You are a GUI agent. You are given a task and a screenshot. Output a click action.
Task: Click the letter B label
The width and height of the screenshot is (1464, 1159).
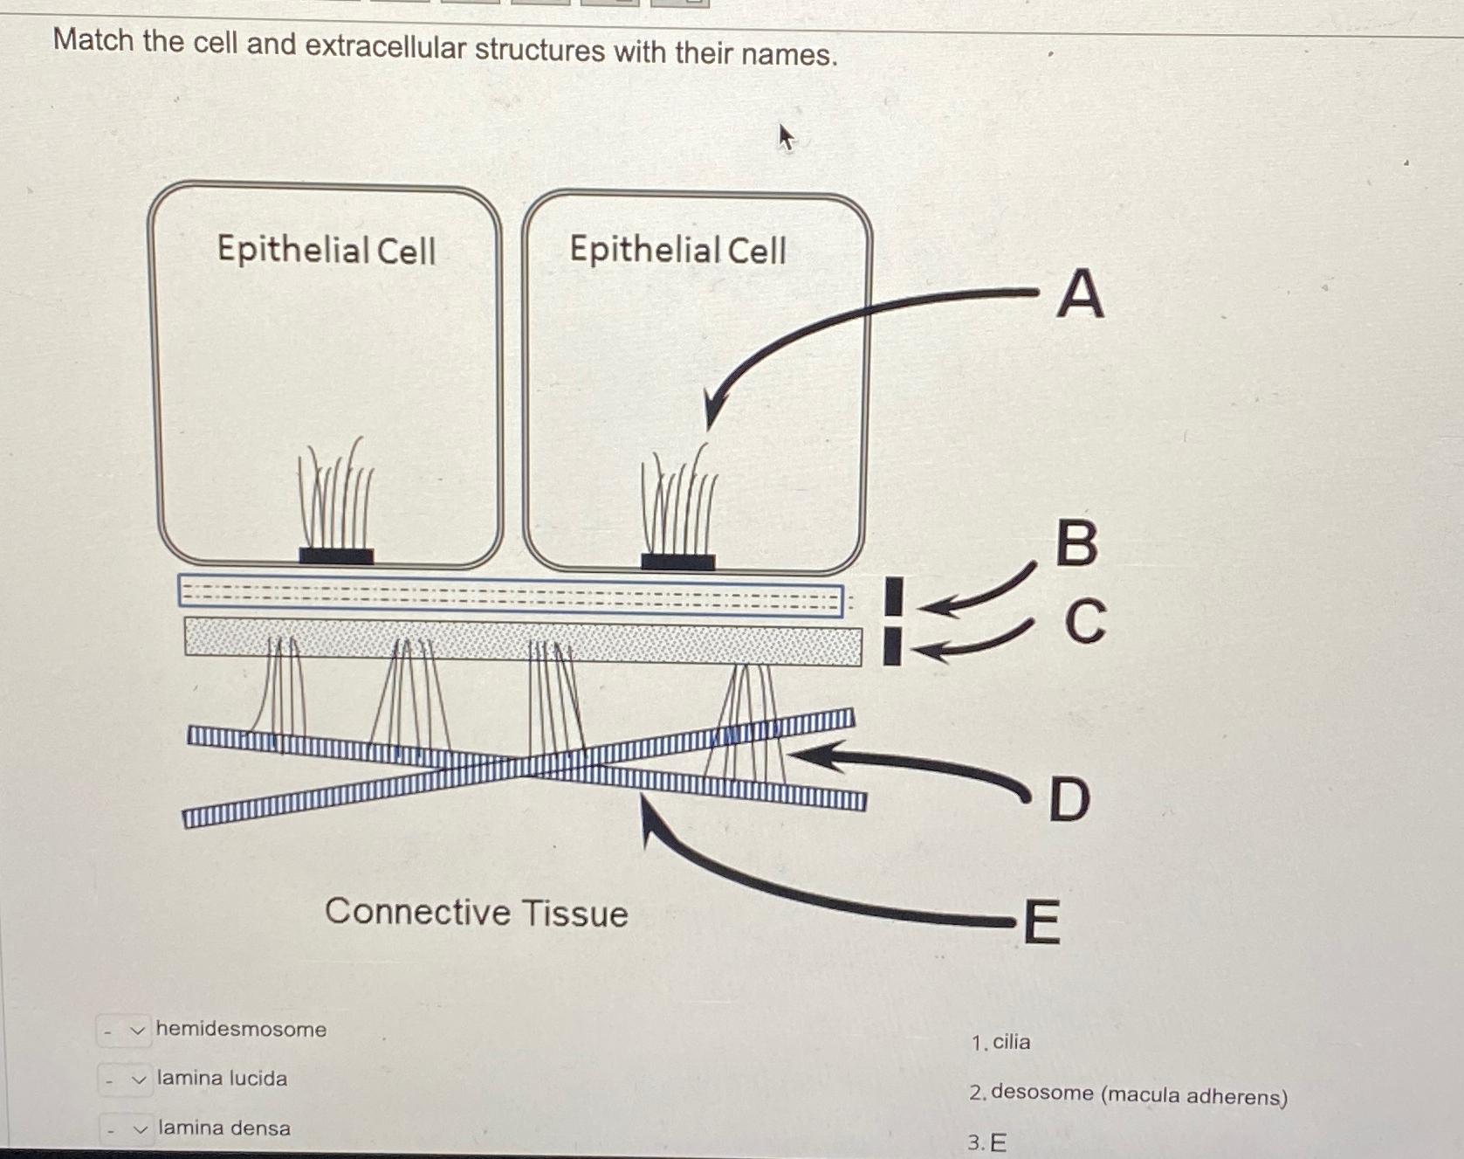[1076, 543]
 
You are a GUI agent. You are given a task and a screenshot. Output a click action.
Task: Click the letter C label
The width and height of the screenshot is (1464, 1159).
[1085, 622]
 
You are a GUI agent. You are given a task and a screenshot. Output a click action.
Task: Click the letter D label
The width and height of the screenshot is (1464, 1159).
[1069, 799]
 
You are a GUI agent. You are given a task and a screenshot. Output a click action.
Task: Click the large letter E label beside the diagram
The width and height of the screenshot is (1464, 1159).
[1041, 922]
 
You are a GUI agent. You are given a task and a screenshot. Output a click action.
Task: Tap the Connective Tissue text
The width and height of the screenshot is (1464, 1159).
[477, 913]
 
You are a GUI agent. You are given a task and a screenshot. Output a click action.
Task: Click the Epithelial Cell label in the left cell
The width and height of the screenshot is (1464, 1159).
[326, 250]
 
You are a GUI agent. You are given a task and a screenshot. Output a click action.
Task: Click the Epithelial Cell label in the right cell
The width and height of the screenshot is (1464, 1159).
[677, 250]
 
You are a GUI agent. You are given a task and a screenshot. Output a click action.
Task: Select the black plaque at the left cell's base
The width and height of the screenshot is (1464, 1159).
[336, 555]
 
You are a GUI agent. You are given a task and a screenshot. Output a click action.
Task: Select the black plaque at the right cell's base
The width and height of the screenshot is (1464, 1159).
[677, 562]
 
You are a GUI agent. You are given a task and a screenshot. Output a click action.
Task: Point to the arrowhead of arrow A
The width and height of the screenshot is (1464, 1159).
[712, 414]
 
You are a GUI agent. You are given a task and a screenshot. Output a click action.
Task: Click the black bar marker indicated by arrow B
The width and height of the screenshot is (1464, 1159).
[893, 597]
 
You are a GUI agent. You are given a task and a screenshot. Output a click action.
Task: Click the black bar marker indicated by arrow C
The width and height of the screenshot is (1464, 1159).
[892, 647]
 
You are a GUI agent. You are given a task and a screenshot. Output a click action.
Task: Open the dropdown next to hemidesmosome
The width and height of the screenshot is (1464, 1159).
[124, 1031]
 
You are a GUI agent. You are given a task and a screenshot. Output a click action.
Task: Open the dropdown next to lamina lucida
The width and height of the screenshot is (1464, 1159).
[125, 1080]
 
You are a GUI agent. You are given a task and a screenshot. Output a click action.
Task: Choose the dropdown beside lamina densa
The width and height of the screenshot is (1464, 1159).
[126, 1130]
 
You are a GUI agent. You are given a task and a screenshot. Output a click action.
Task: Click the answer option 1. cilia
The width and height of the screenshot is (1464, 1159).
[1001, 1042]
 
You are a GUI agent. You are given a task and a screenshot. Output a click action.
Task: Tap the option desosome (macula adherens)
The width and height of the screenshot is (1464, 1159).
[1128, 1094]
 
